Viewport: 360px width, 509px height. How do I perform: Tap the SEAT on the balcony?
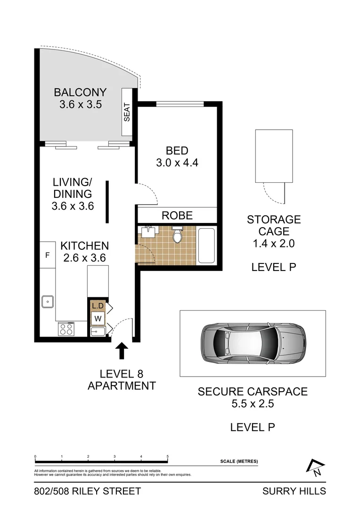[127, 113]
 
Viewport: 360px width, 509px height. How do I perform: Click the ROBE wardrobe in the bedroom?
[177, 215]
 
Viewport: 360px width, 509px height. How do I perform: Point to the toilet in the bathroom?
[178, 234]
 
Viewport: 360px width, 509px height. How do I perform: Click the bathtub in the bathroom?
[206, 246]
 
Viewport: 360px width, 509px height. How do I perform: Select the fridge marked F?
[47, 255]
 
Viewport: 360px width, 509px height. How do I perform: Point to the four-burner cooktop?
[65, 328]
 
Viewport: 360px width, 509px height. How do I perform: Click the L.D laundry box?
[98, 306]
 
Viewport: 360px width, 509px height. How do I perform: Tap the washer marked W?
[98, 318]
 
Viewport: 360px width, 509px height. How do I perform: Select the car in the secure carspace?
[253, 343]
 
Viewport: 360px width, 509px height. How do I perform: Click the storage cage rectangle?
[274, 156]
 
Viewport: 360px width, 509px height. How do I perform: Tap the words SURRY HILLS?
[294, 491]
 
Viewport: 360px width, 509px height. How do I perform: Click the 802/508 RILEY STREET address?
[88, 491]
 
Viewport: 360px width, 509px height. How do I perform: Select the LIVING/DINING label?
[73, 194]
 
